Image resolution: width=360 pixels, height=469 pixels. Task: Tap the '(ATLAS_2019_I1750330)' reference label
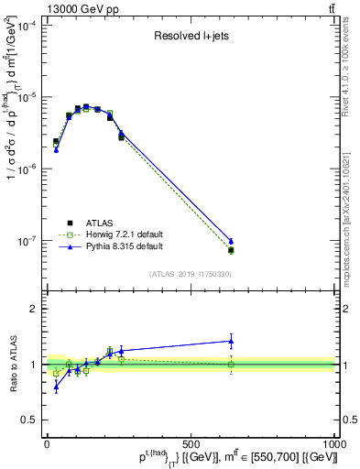[191, 273]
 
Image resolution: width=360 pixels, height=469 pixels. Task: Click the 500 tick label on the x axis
[191, 442]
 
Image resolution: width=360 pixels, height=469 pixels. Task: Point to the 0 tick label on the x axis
[47, 442]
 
